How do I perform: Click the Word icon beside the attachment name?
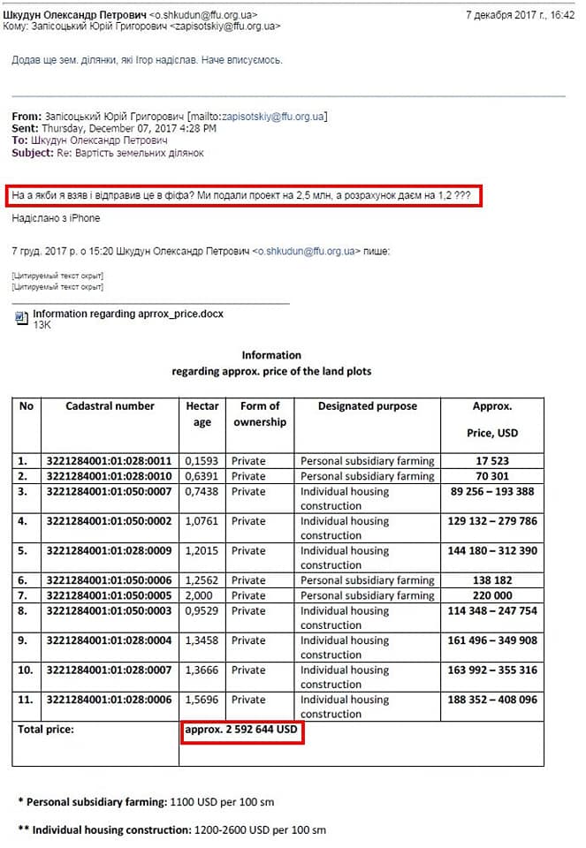pos(23,316)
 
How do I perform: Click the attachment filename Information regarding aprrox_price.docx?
pos(128,314)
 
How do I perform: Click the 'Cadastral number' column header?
pos(110,406)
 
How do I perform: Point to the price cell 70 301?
pos(492,476)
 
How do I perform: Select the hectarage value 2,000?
pos(199,595)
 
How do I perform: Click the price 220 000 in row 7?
pos(492,595)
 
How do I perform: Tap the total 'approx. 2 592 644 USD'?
pos(242,731)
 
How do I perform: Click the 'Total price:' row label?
pos(47,731)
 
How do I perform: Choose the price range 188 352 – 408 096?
pos(492,700)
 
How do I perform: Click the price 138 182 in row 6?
pos(492,580)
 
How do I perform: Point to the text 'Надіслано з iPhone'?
pos(56,218)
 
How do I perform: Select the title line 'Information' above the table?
pos(271,355)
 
